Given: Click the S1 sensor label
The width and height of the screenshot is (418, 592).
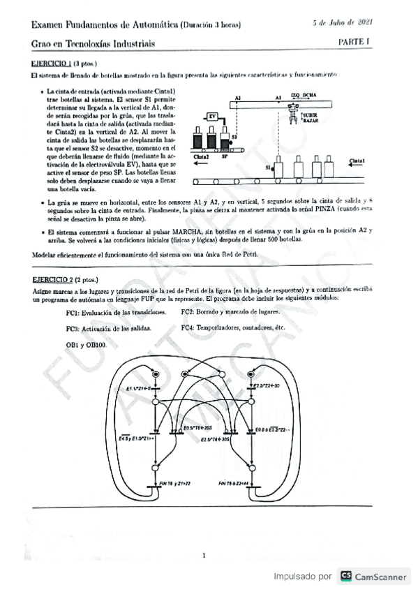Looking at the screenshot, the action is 268,167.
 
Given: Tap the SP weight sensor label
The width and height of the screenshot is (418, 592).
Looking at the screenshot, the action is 225,157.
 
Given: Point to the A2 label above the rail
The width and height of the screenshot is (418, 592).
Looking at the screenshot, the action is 238,98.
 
